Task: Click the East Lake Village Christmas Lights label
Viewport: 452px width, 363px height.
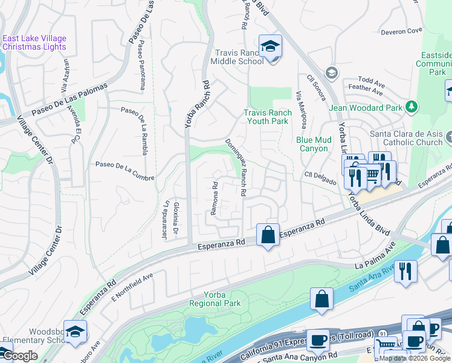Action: point(34,43)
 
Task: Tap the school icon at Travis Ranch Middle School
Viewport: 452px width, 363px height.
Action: point(270,47)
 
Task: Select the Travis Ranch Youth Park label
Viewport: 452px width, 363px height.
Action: point(267,117)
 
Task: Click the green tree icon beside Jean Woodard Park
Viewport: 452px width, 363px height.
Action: point(412,107)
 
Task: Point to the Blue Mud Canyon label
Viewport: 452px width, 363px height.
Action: point(314,144)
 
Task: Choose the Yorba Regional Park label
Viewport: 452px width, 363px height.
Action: point(215,299)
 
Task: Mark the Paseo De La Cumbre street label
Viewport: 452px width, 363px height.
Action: point(125,171)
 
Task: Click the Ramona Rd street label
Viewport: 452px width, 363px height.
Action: point(214,198)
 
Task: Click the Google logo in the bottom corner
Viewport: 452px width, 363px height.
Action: point(19,355)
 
